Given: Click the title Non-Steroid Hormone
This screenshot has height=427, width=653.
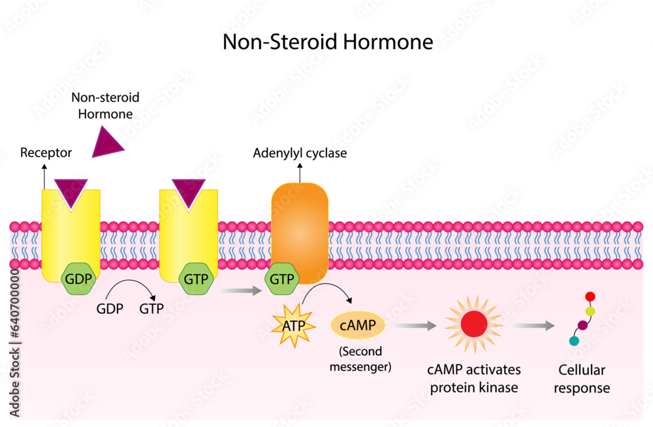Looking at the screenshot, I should tap(328, 42).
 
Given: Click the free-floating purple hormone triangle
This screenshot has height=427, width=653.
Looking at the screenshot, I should tap(106, 143).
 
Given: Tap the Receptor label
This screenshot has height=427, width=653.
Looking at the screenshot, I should tap(46, 153).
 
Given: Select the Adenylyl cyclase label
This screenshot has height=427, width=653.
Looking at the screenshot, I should tap(300, 153).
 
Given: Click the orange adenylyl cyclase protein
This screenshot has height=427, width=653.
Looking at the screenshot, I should tap(300, 226).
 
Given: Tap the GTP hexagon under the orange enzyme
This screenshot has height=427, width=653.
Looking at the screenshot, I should tap(282, 278).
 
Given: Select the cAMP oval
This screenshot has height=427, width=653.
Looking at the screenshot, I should tap(358, 324).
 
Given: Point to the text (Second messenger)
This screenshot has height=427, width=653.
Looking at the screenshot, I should tap(360, 358).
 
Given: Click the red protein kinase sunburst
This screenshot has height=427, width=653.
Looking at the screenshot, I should tap(474, 324).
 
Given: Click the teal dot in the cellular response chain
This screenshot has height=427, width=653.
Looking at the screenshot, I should tap(574, 341).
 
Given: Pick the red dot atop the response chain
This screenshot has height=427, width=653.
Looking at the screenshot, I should tap(590, 297).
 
